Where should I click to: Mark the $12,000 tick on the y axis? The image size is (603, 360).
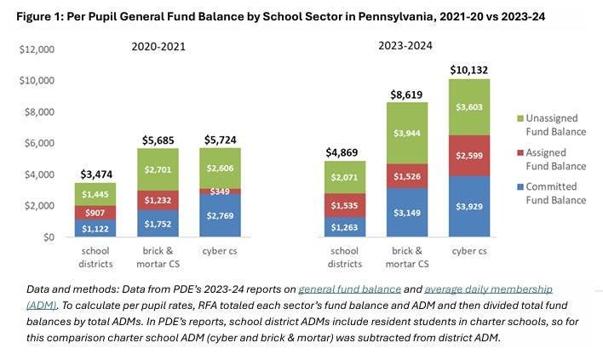(x=37, y=49)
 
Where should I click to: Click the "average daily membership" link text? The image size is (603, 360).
(x=489, y=289)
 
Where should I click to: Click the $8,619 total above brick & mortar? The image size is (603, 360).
(x=406, y=94)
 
